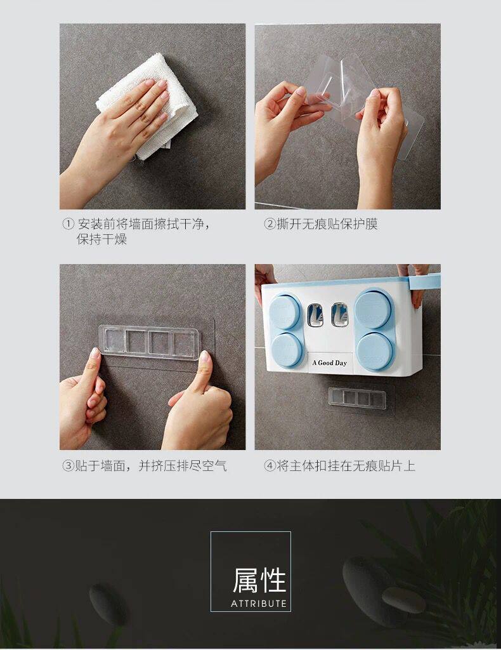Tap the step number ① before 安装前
68,224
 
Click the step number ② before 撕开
270,224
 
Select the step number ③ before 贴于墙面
68,465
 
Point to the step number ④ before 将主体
270,465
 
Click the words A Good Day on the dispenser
330,362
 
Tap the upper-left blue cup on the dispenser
285,312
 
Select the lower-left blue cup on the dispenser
287,349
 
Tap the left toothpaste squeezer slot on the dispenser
315,314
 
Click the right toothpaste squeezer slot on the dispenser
339,314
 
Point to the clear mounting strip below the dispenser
357,397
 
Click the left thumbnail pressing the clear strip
95,354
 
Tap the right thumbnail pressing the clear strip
204,356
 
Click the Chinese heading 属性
259,580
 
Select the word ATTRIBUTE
259,604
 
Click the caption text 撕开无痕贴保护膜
327,224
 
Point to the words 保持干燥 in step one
102,239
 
